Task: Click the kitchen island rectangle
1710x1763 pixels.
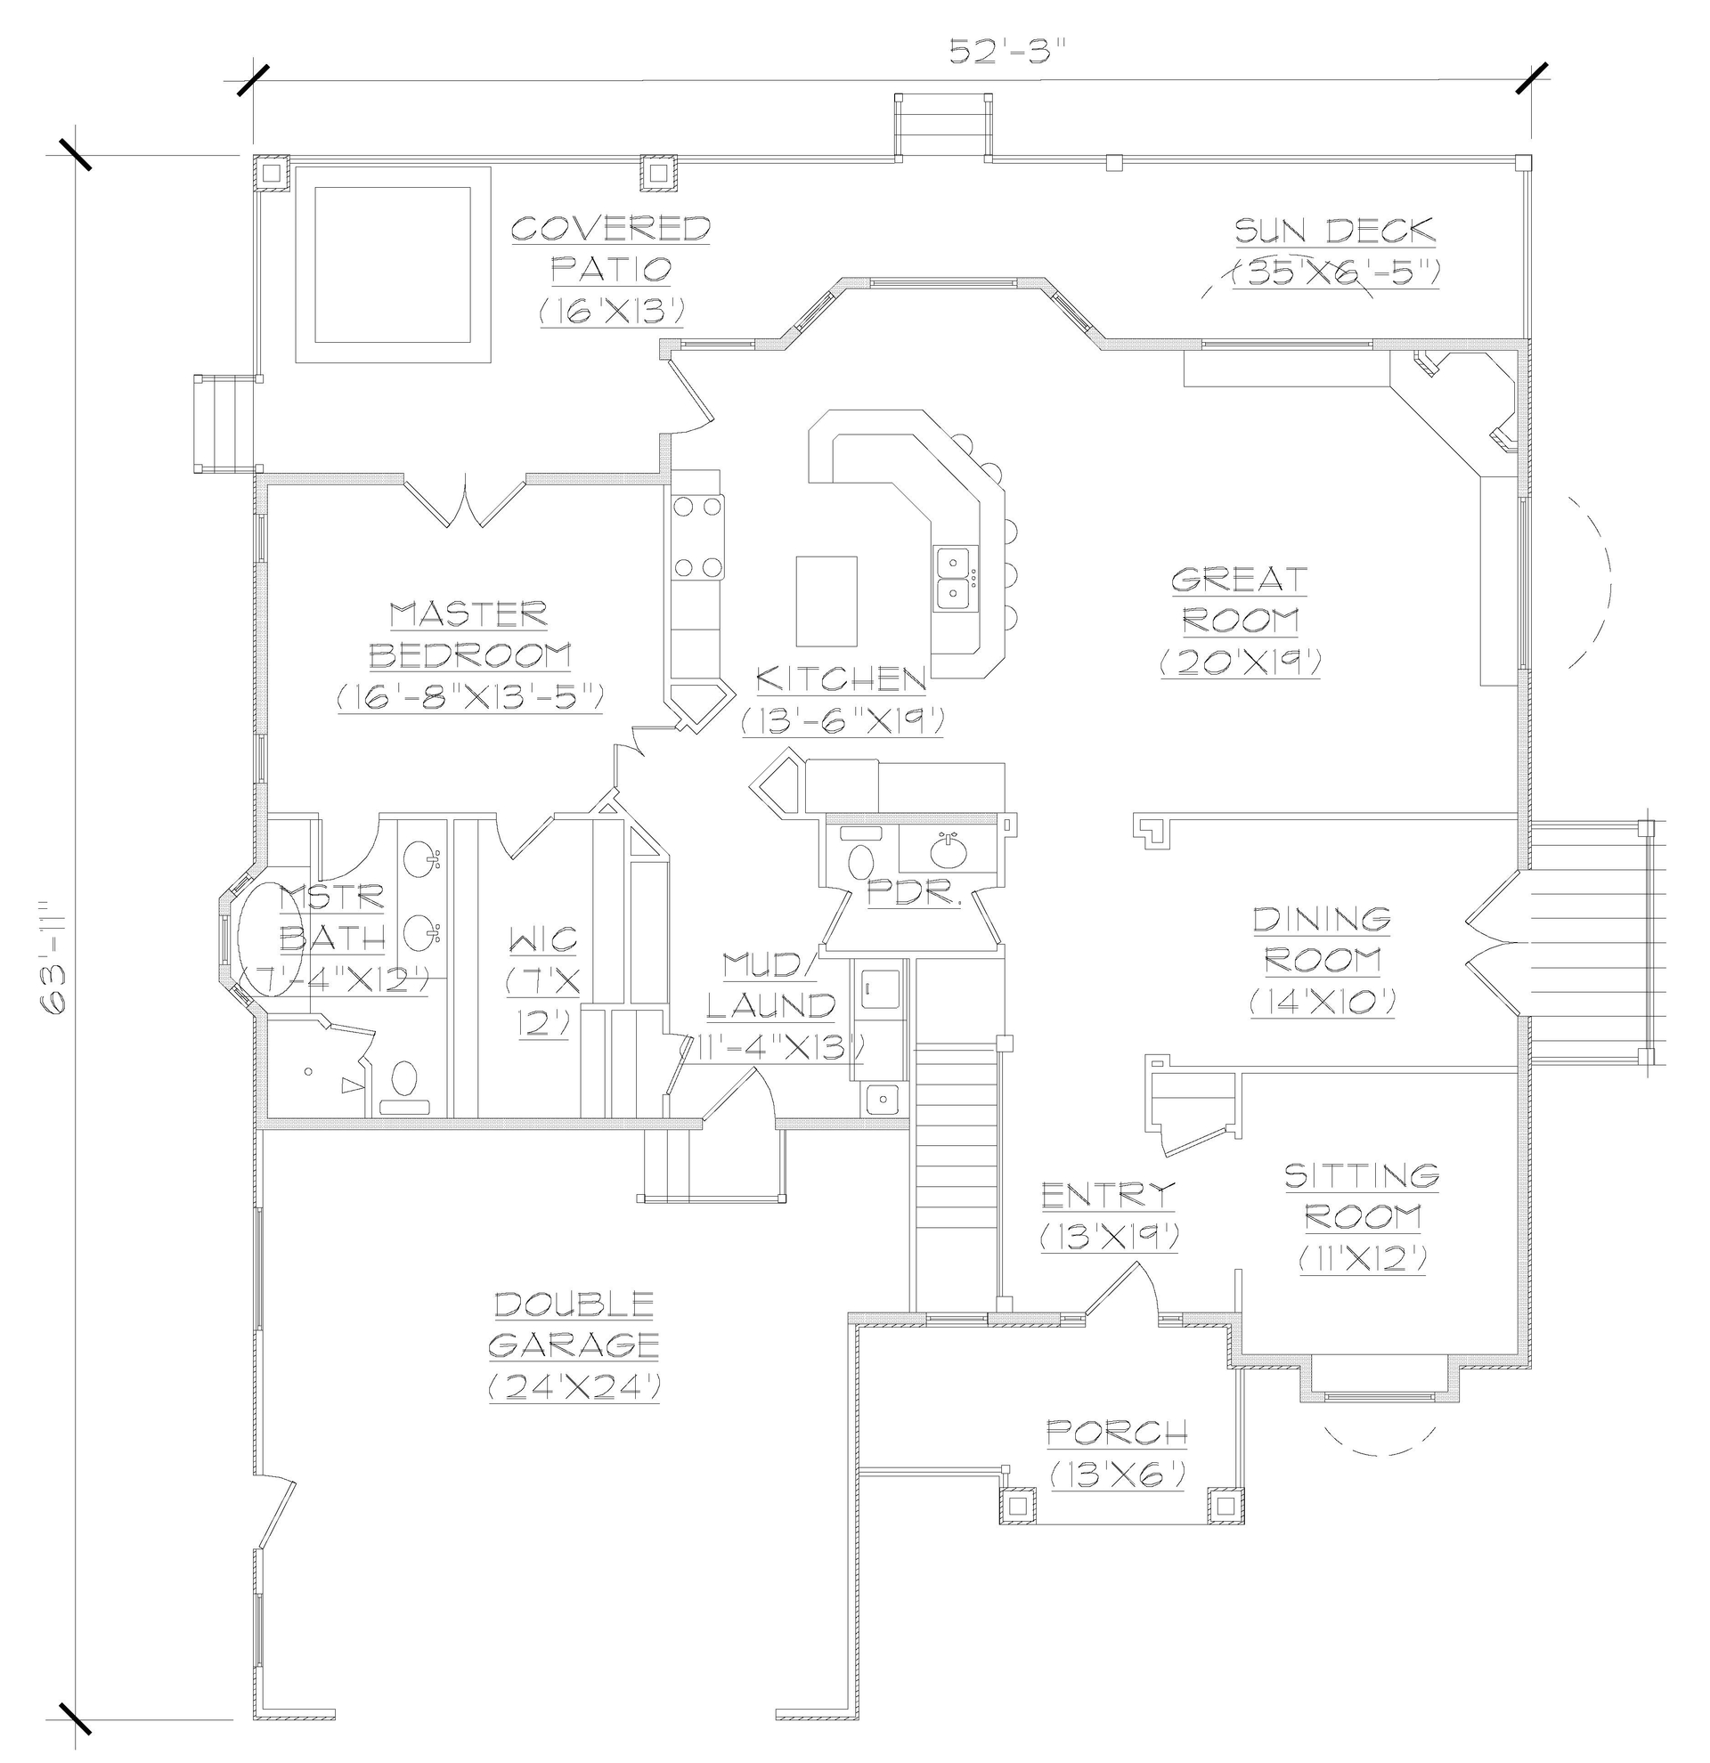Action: click(x=826, y=601)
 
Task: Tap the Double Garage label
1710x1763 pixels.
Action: click(x=574, y=1324)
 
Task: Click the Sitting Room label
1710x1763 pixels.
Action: click(x=1362, y=1197)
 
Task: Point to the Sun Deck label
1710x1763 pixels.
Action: click(x=1334, y=232)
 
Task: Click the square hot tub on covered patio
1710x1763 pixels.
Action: click(x=393, y=264)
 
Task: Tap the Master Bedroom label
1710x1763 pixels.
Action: click(x=469, y=635)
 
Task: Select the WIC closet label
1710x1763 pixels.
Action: click(x=543, y=940)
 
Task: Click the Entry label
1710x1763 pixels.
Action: click(x=1108, y=1196)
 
